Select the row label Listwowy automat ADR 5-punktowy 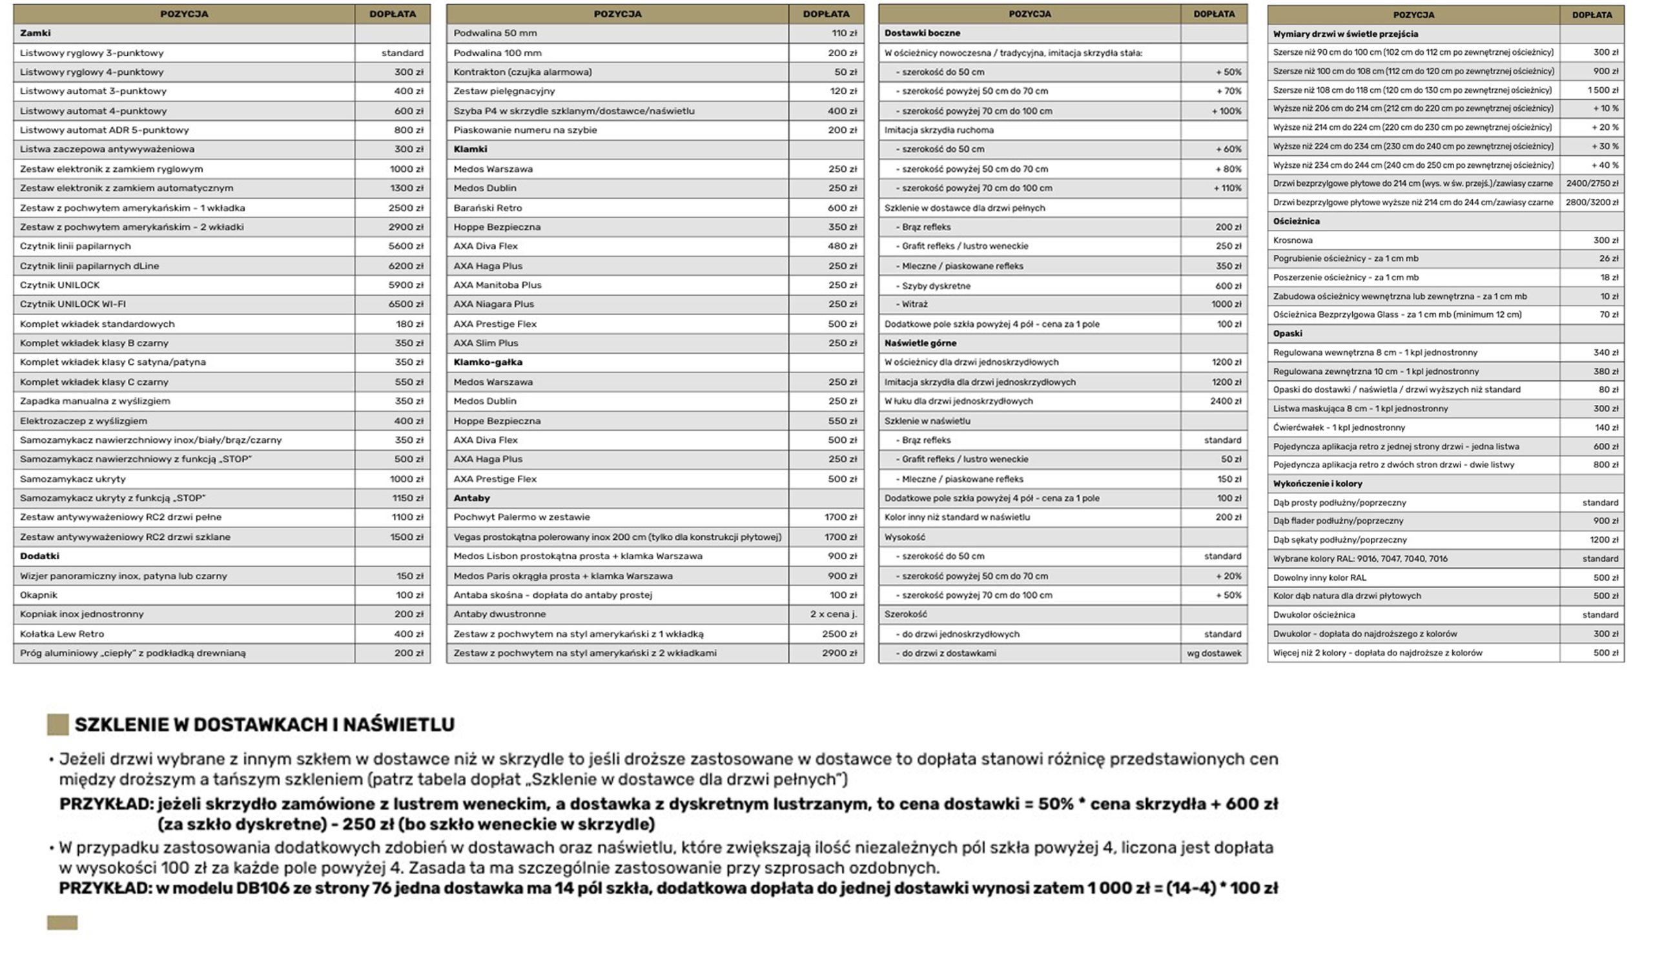click(105, 130)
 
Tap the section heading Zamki click(35, 34)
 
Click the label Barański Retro click(488, 208)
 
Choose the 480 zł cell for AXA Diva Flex click(841, 247)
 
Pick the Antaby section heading click(471, 498)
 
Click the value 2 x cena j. click(833, 615)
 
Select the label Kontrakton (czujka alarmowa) click(522, 72)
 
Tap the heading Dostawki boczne click(921, 34)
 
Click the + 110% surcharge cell click(1226, 188)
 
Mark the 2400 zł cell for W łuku click(1226, 402)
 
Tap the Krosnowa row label click(1292, 241)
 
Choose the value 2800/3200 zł click(1592, 203)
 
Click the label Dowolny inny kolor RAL click(1319, 578)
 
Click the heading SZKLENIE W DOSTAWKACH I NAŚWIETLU click(264, 724)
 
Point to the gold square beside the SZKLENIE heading click(57, 724)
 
